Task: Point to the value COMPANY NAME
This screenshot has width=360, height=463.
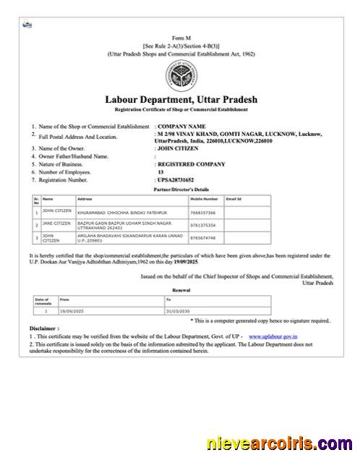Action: pos(180,127)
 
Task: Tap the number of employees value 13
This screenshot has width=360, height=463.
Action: pos(160,171)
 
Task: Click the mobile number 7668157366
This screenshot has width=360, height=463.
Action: pos(203,213)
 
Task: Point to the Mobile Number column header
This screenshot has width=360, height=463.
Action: pos(204,197)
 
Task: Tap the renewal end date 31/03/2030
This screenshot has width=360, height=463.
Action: pos(177,310)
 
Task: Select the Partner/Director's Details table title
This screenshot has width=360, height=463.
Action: pos(180,188)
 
